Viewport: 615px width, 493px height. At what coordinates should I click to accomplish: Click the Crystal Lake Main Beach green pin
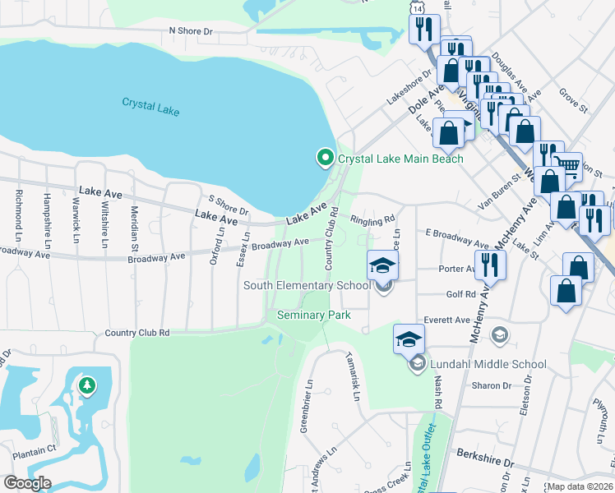(x=326, y=158)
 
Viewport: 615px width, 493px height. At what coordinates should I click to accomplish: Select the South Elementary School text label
(x=307, y=285)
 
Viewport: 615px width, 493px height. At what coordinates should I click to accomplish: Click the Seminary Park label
(x=314, y=315)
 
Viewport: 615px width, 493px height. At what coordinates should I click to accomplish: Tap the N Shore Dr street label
(x=190, y=30)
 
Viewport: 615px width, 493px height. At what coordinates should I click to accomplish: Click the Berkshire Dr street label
(x=485, y=463)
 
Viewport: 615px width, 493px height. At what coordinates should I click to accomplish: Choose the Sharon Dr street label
(x=492, y=385)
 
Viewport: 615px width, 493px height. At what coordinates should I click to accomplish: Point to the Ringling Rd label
(x=372, y=221)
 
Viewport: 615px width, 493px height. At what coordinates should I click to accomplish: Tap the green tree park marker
(x=86, y=385)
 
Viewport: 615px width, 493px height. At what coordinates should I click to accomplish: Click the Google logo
(x=27, y=483)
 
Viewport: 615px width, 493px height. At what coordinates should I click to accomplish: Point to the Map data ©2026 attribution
(x=579, y=486)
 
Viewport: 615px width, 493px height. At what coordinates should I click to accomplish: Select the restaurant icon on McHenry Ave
(x=490, y=264)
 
